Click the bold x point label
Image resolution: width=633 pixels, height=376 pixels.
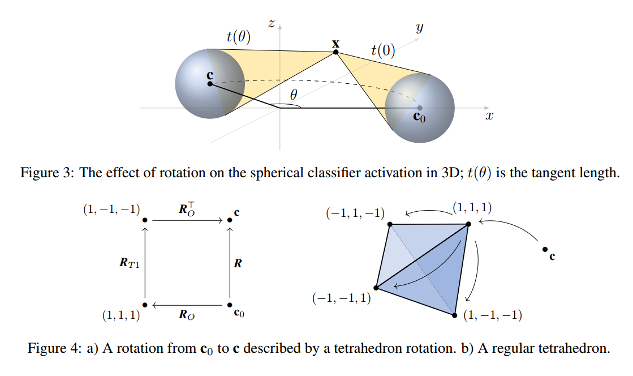click(x=335, y=43)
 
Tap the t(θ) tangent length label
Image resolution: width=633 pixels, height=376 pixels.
click(x=238, y=37)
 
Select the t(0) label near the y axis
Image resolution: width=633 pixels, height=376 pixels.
click(x=383, y=50)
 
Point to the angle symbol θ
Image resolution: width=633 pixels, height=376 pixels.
click(x=293, y=96)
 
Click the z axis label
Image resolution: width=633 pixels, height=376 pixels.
click(x=272, y=23)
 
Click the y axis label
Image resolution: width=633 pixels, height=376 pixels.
click(x=419, y=28)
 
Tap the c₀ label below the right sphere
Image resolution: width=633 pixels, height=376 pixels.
click(x=419, y=117)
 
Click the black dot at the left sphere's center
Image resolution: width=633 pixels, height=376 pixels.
click(x=210, y=84)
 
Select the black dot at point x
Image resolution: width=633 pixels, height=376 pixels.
click(x=335, y=52)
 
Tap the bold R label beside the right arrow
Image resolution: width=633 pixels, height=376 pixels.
click(x=238, y=263)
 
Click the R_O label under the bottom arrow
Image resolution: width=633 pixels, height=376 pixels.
click(x=187, y=315)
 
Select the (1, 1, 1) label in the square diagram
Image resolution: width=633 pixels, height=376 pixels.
click(x=121, y=316)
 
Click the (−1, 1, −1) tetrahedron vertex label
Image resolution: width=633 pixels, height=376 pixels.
click(x=355, y=213)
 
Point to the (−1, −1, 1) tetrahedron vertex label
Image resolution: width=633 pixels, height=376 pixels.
click(x=342, y=298)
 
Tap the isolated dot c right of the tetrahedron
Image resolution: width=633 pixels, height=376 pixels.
click(x=544, y=249)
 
